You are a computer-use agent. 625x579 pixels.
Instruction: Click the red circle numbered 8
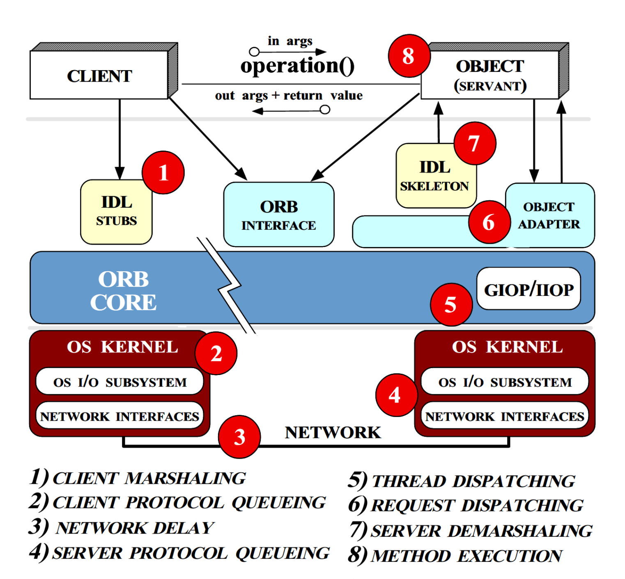click(x=409, y=56)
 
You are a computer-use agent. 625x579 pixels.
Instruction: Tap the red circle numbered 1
click(x=163, y=172)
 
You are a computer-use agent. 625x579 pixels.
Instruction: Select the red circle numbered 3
click(x=239, y=437)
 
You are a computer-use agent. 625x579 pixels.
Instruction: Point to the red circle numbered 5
click(x=451, y=304)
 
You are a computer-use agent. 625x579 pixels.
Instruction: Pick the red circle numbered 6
click(x=489, y=222)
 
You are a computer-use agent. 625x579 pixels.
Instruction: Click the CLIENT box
click(x=99, y=75)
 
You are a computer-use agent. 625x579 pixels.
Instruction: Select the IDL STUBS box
click(x=116, y=212)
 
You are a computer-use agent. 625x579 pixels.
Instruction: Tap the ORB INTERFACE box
click(x=279, y=214)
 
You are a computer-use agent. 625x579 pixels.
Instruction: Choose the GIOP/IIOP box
click(x=528, y=288)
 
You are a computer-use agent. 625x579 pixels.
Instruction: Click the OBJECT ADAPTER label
click(x=549, y=215)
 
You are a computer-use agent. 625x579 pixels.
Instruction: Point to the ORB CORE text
click(x=123, y=291)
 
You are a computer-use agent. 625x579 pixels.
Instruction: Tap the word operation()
click(x=297, y=66)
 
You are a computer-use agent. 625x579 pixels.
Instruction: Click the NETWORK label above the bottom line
click(x=333, y=433)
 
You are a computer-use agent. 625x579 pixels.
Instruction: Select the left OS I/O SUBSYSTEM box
click(x=119, y=381)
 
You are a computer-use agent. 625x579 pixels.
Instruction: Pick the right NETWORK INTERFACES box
click(x=505, y=416)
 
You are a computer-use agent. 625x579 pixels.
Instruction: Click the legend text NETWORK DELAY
click(x=135, y=528)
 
